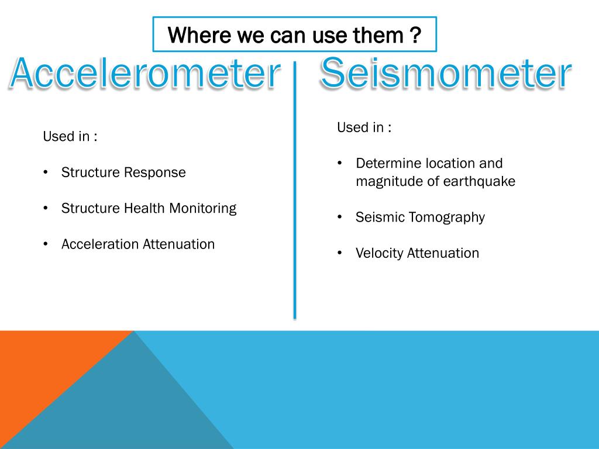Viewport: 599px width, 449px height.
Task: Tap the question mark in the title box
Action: (x=415, y=36)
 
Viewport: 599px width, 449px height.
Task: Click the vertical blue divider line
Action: (x=294, y=193)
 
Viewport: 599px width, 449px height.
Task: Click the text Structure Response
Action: (x=123, y=172)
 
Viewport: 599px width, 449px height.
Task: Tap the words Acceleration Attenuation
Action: (x=138, y=244)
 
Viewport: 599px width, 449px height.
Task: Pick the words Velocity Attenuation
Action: (x=417, y=253)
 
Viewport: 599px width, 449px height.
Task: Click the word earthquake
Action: (x=479, y=181)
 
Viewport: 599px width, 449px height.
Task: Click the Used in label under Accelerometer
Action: (x=70, y=137)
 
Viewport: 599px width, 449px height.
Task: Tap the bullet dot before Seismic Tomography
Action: (x=340, y=217)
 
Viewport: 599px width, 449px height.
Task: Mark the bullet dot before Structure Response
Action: (x=46, y=173)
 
